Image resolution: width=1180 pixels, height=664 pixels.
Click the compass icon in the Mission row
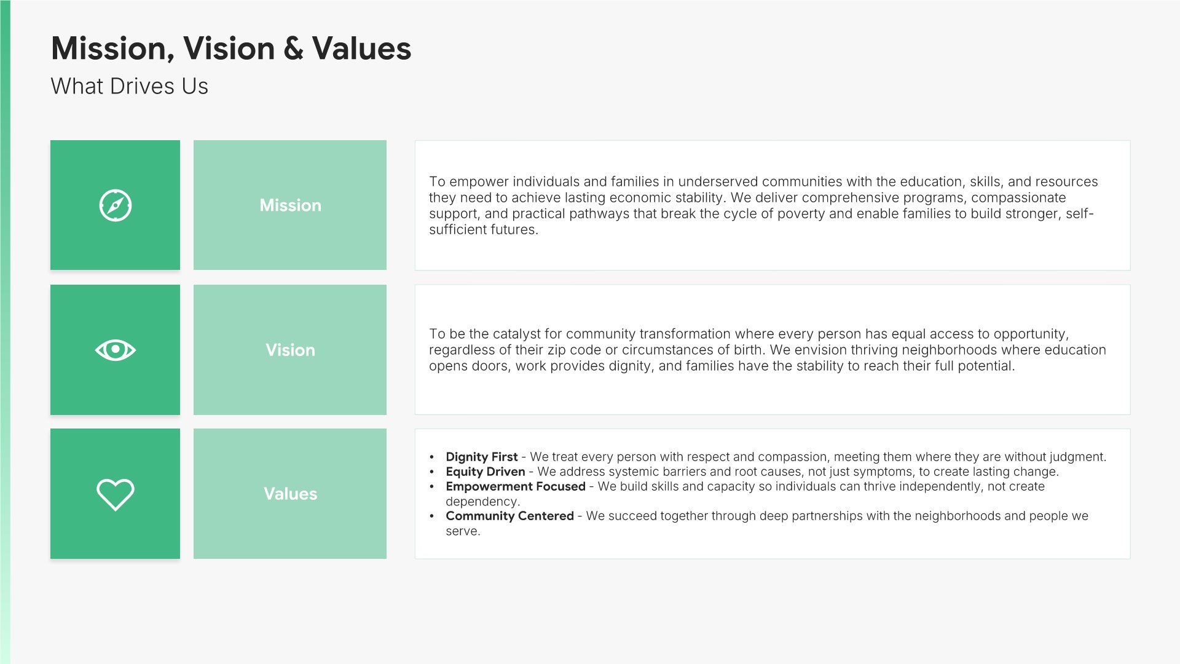115,205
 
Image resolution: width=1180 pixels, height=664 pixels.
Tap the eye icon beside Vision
115,350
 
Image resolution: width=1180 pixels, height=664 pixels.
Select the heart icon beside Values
115,494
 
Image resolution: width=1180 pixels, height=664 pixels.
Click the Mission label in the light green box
290,205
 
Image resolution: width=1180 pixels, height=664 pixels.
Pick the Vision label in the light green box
290,350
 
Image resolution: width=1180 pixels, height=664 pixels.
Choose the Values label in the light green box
290,494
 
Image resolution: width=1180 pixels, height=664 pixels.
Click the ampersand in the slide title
294,49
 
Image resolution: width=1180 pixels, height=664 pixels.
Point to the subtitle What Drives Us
129,86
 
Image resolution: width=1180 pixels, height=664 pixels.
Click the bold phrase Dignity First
482,457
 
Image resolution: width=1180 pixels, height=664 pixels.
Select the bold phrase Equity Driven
486,472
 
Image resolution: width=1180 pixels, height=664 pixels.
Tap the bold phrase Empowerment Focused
516,486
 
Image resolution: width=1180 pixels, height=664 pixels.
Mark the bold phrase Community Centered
509,516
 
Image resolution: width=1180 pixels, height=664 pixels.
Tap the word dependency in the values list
482,502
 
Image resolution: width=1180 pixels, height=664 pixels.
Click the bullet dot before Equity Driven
432,472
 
